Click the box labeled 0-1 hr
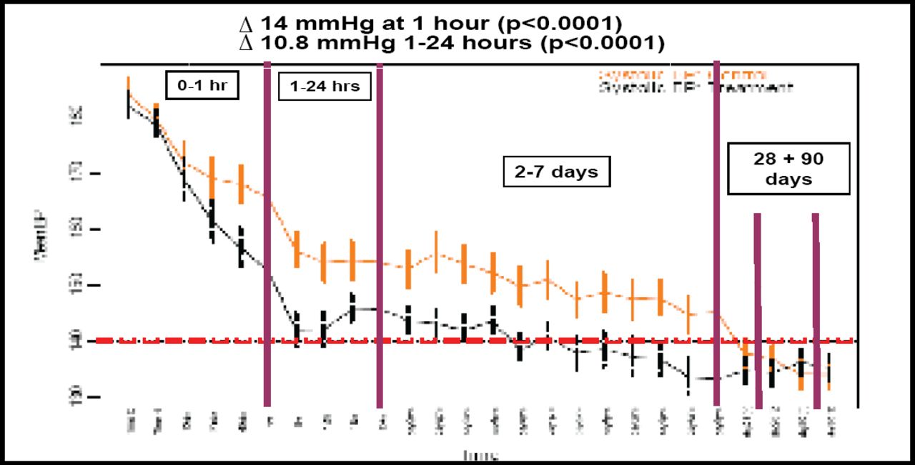click(x=201, y=85)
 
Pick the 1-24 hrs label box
click(x=325, y=87)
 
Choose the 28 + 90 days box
click(x=788, y=169)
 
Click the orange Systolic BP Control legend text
click(x=683, y=74)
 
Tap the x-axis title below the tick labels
click(x=480, y=455)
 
